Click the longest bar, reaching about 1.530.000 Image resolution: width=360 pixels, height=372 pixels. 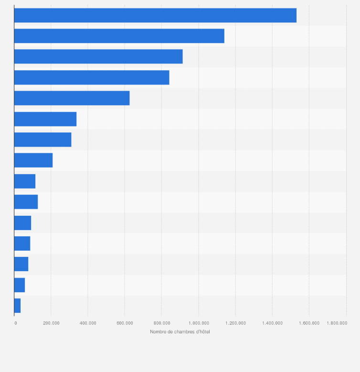pos(155,15)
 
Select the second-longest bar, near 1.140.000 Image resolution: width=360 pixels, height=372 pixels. pos(119,36)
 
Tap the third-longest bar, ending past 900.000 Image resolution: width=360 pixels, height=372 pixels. pos(98,56)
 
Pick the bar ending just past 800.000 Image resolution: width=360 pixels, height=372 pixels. pos(92,77)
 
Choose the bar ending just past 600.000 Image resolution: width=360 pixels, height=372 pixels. pos(72,98)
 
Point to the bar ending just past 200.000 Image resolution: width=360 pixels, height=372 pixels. pos(33,160)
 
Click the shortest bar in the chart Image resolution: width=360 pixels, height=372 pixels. pos(17,306)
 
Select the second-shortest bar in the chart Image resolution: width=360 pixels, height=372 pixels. pos(20,285)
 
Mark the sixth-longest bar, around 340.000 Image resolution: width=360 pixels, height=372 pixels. pos(45,119)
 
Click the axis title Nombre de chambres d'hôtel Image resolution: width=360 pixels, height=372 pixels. pos(180,332)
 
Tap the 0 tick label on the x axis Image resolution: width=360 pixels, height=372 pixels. pos(15,323)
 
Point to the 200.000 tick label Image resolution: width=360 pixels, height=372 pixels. pos(51,323)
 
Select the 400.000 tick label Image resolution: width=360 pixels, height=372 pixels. pos(88,323)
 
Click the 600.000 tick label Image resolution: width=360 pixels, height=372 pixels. pos(125,323)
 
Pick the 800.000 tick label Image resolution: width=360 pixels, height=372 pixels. pos(161,323)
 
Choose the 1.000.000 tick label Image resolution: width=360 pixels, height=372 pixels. pos(198,323)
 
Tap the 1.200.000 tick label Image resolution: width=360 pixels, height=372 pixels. pos(235,323)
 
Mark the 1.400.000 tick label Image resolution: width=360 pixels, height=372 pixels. pos(272,323)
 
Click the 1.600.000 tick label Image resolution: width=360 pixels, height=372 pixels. pos(309,323)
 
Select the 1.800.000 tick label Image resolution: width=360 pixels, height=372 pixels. pos(337,323)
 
